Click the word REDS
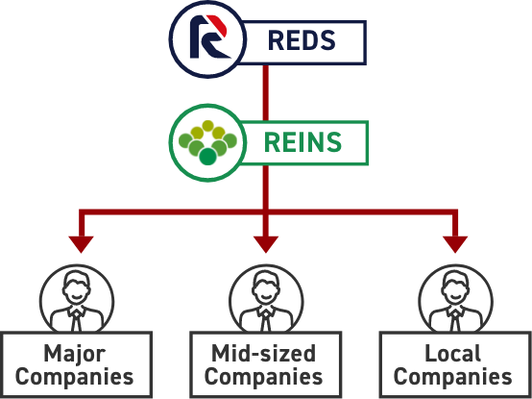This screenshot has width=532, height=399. tap(302, 40)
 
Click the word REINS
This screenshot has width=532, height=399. tap(302, 142)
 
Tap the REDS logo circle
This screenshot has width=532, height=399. tap(207, 39)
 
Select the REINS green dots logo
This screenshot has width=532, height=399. tap(207, 142)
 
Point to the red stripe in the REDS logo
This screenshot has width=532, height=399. tap(218, 25)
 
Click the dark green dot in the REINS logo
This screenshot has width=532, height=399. tap(207, 157)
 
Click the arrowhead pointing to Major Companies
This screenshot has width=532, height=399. tap(81, 244)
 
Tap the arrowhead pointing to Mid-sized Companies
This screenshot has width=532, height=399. tap(266, 244)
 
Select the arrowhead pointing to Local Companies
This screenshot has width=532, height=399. tap(455, 244)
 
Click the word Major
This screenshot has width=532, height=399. tap(74, 355)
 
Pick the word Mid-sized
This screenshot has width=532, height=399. tap(264, 353)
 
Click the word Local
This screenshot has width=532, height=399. tap(453, 353)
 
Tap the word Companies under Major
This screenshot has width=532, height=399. tap(74, 378)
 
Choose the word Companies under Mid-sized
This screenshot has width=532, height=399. tap(264, 378)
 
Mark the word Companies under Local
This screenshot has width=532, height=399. tap(453, 378)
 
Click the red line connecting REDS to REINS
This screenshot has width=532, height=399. tap(266, 92)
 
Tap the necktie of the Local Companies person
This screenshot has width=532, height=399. tap(455, 319)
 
